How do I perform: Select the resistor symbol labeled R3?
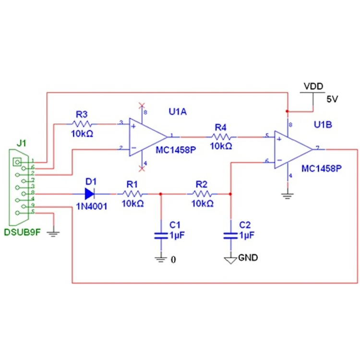[x=82, y=124]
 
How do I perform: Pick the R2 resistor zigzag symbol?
[x=202, y=194]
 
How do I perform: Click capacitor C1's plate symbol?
[x=160, y=235]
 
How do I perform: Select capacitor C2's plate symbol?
[x=230, y=235]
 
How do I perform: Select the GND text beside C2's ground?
[x=248, y=258]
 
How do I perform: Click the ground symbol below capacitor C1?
[x=160, y=260]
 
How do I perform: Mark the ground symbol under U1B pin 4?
[x=287, y=195]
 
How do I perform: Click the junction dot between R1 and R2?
[x=160, y=194]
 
